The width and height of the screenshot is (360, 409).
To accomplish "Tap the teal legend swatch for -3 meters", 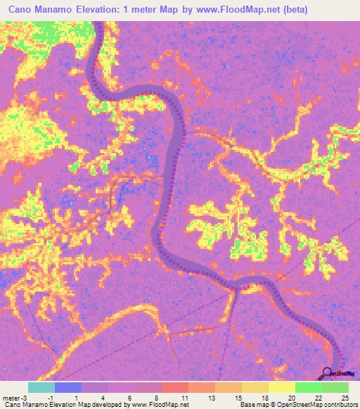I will pyautogui.click(x=41, y=387).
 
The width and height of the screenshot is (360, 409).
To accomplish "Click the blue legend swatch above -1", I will pyautogui.click(x=68, y=387).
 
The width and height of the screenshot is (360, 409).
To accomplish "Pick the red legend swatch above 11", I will pyautogui.click(x=175, y=387).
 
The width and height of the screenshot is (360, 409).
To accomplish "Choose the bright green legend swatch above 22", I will pyautogui.click(x=309, y=387).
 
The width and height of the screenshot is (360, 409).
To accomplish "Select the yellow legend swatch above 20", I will pyautogui.click(x=282, y=387).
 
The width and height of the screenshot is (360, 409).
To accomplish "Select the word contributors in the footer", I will pyautogui.click(x=340, y=405).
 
